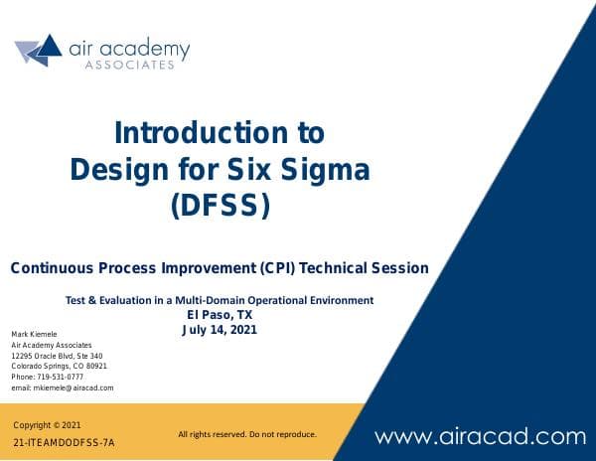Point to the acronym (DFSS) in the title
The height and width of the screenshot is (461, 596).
pyautogui.click(x=220, y=206)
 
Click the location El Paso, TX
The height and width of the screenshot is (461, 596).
pyautogui.click(x=220, y=315)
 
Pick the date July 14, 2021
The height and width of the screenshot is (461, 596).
pyautogui.click(x=220, y=330)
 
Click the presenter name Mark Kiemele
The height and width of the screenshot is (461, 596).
pyautogui.click(x=34, y=333)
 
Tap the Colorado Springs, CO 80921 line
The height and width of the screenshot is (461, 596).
pyautogui.click(x=59, y=366)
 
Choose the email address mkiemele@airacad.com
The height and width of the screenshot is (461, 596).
pyautogui.click(x=62, y=387)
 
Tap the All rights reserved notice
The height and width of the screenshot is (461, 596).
pyautogui.click(x=246, y=434)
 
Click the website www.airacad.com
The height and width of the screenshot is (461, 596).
pyautogui.click(x=480, y=435)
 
